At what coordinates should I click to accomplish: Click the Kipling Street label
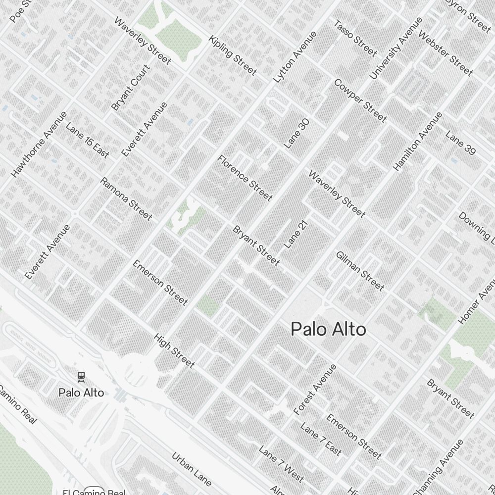(x=233, y=55)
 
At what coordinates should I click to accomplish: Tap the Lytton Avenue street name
(x=295, y=57)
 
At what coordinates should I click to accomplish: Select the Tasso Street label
(x=355, y=38)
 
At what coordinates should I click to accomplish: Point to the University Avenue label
(x=396, y=48)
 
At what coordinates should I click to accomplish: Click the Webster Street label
(x=445, y=53)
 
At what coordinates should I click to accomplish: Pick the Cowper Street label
(x=360, y=100)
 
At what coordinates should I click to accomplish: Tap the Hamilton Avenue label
(x=417, y=142)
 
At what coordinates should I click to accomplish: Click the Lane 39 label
(x=460, y=143)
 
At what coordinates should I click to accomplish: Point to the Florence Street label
(x=245, y=178)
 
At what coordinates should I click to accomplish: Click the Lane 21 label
(x=296, y=234)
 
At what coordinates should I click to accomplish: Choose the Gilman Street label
(x=360, y=271)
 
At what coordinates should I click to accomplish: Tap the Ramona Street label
(x=126, y=198)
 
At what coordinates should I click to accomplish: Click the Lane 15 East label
(x=87, y=140)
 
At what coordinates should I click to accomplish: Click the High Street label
(x=174, y=350)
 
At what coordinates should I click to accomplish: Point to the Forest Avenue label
(x=315, y=390)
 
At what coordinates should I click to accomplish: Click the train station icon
(x=81, y=377)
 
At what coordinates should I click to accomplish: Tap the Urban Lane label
(x=192, y=468)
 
